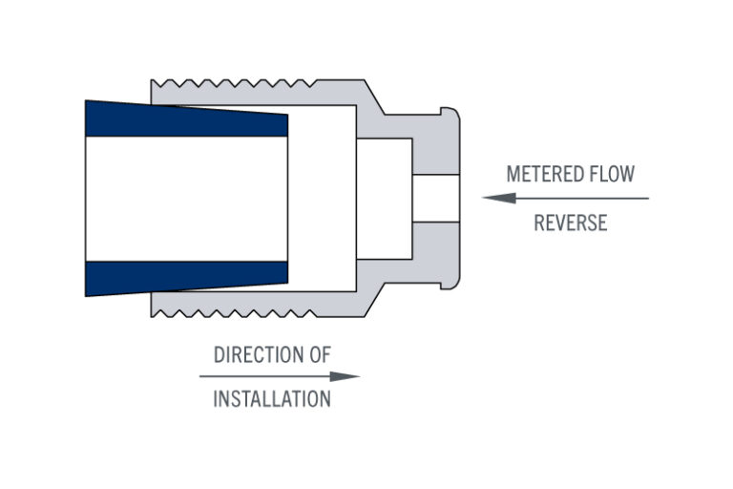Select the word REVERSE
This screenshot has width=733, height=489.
pyautogui.click(x=570, y=223)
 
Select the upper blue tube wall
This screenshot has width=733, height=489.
pyautogui.click(x=186, y=120)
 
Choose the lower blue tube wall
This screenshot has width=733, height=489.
pyautogui.click(x=186, y=277)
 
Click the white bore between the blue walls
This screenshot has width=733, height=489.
pyautogui.click(x=186, y=199)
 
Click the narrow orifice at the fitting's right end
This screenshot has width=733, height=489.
pyautogui.click(x=435, y=199)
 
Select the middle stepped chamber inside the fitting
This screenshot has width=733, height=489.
pyautogui.click(x=384, y=199)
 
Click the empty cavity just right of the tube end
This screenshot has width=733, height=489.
pyautogui.click(x=322, y=199)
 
